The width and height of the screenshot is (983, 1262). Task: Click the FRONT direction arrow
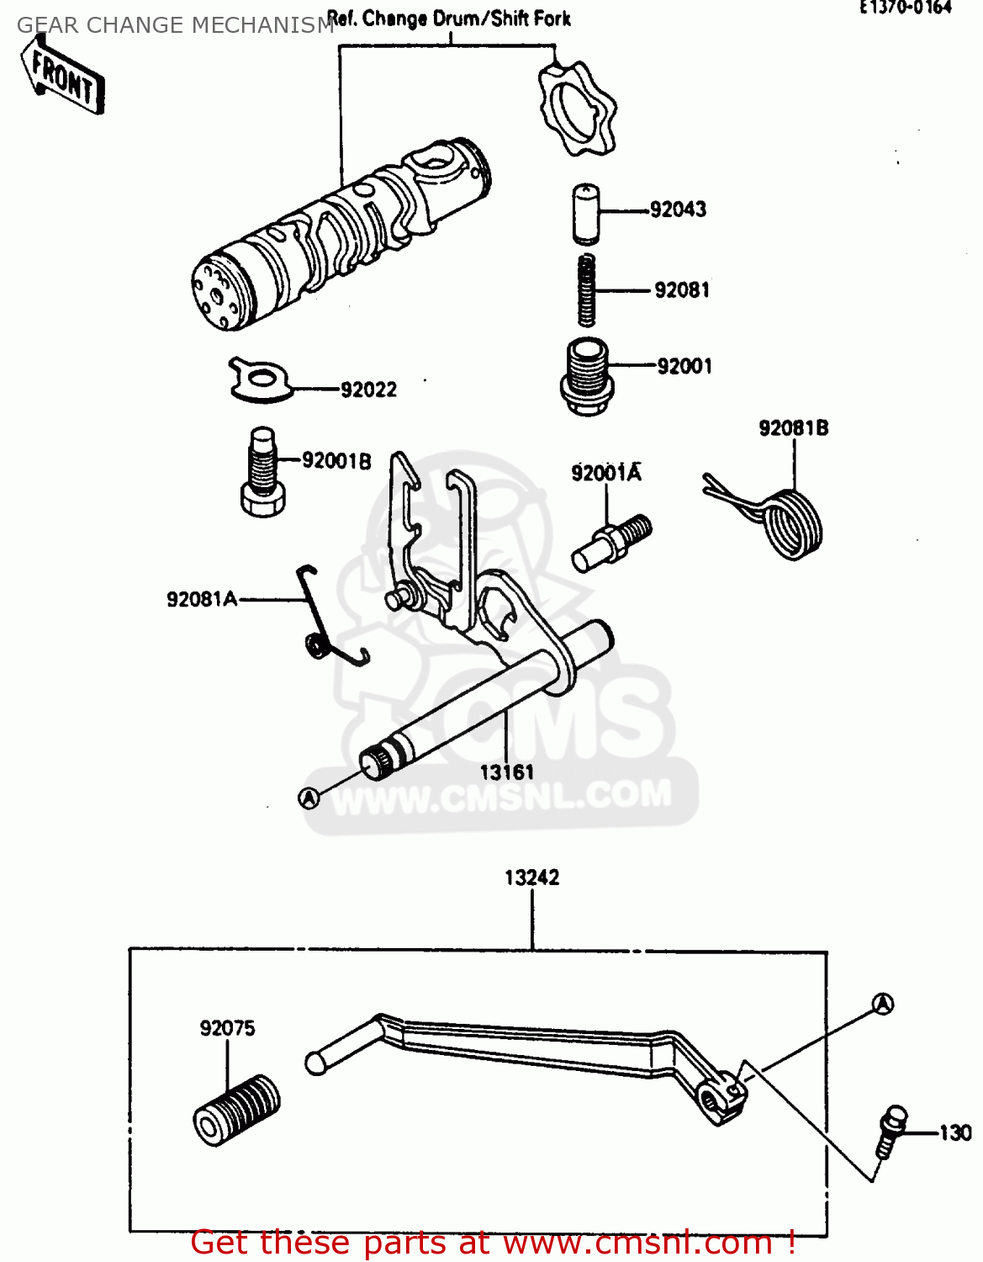coord(64,77)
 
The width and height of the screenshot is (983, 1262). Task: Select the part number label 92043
coord(678,209)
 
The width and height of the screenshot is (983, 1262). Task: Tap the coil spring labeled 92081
coord(587,290)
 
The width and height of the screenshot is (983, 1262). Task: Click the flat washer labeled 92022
coord(259,379)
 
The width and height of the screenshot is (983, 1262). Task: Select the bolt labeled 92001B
coord(263,473)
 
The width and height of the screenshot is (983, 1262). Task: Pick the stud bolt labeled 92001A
coord(611,543)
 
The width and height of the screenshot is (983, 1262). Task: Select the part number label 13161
coord(506,772)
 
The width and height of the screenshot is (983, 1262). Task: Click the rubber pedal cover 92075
coord(236,1110)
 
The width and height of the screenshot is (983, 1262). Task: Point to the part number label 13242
coord(531,878)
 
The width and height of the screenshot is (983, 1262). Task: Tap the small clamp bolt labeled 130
coord(889,1132)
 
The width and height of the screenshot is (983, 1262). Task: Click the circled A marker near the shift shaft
coord(309,797)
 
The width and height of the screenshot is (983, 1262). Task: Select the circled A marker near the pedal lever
coord(882,1003)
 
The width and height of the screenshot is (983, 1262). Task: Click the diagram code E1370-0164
coord(905,8)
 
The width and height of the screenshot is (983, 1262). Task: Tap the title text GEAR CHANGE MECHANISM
coord(175,26)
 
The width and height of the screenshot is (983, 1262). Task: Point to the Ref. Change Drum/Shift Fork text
coord(448,19)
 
